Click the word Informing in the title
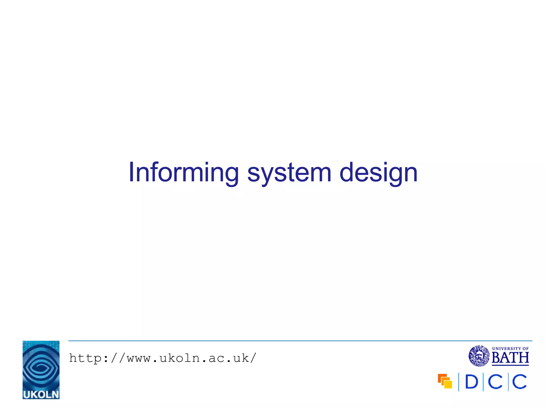point(183,173)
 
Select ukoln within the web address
point(180,358)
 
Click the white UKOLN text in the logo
point(41,394)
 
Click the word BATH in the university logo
point(510,358)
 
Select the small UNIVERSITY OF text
point(510,349)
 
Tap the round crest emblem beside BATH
point(479,356)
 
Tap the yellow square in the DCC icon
point(448,384)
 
